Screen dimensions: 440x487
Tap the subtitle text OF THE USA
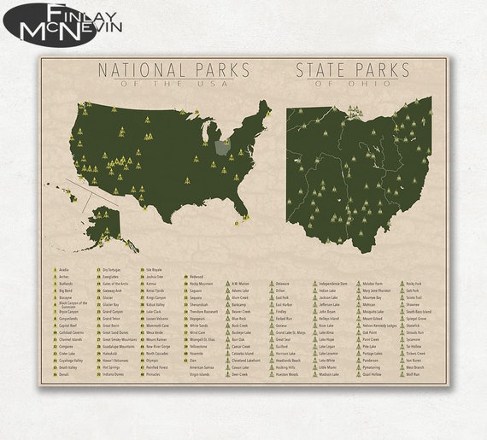click(174, 84)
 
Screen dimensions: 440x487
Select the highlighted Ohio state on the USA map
click(222, 146)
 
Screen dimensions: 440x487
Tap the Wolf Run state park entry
click(414, 374)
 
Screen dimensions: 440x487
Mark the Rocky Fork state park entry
click(414, 284)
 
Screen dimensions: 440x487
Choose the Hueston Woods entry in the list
click(287, 374)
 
